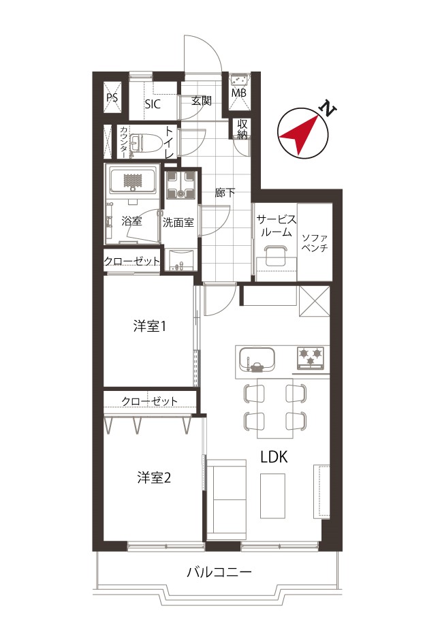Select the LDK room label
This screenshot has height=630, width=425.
click(274, 458)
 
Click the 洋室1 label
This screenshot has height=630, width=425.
click(150, 327)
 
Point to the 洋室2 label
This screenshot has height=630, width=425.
click(153, 477)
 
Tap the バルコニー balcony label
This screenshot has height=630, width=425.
click(219, 572)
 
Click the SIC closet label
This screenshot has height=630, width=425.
click(153, 104)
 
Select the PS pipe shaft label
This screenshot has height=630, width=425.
click(112, 98)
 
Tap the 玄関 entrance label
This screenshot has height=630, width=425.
click(201, 101)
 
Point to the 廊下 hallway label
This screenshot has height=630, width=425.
click(225, 193)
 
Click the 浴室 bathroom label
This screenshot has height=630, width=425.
click(131, 221)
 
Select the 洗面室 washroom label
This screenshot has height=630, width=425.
click(178, 222)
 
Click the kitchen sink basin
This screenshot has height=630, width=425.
click(257, 358)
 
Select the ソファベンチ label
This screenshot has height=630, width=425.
click(315, 242)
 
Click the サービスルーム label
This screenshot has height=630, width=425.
click(276, 226)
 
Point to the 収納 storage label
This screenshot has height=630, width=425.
click(242, 129)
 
